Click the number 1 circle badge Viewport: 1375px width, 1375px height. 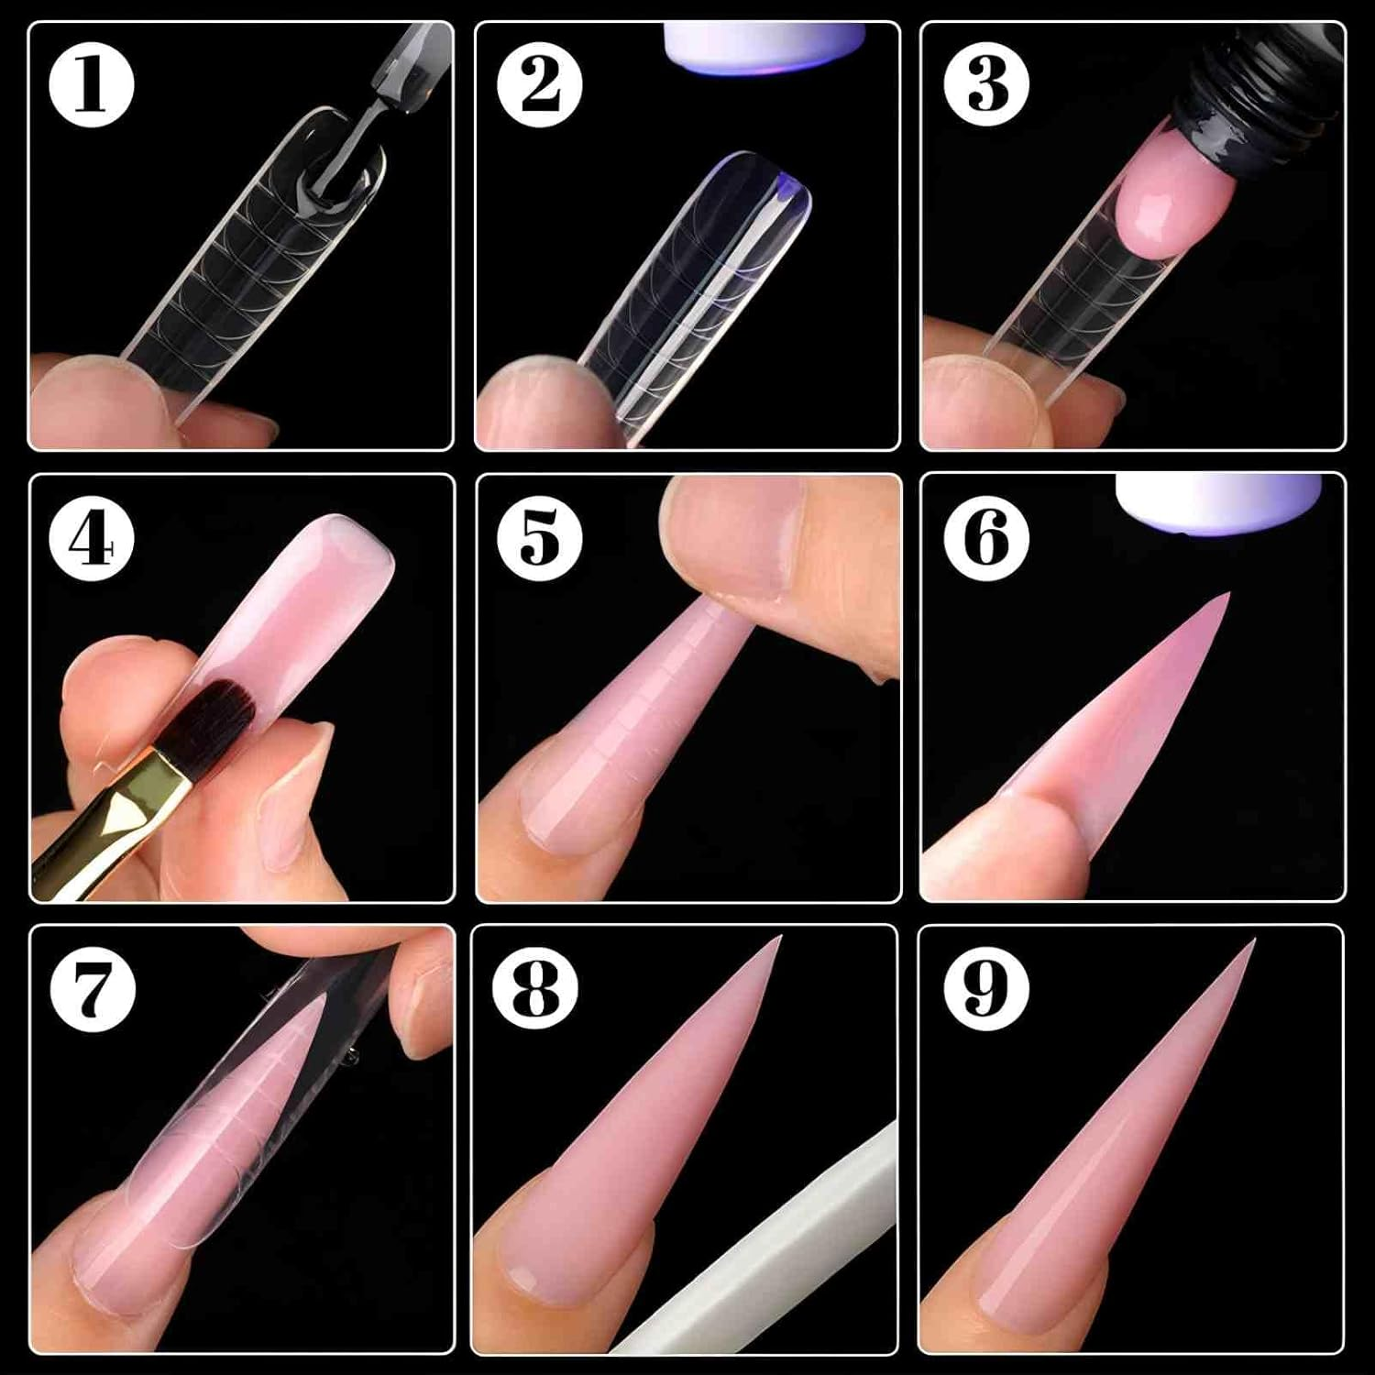click(x=92, y=85)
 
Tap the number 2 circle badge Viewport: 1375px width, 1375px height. click(x=540, y=85)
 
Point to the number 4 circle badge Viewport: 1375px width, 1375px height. click(x=92, y=538)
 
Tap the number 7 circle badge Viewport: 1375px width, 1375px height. click(x=92, y=990)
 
